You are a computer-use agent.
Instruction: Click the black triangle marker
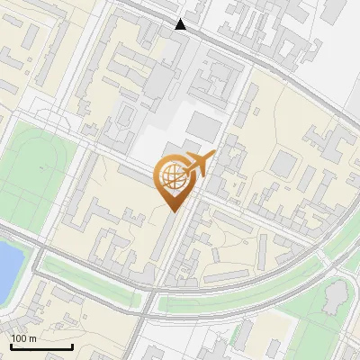(182, 24)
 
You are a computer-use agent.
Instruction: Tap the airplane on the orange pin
(197, 165)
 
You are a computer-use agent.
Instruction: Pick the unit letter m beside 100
(33, 338)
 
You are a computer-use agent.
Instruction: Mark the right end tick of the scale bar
(72, 346)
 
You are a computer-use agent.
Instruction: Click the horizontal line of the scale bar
(40, 347)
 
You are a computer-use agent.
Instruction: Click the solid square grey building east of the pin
(285, 164)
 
